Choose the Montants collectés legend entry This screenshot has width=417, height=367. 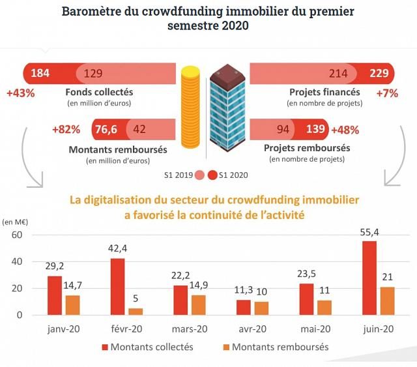tap(152, 347)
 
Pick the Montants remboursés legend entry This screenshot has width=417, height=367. tap(280, 347)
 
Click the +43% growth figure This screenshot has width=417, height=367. tap(20, 93)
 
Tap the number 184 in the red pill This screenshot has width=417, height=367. tap(40, 72)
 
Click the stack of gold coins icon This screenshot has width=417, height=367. tap(190, 105)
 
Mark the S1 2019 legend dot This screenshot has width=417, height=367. tap(200, 175)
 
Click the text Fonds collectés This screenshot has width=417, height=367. tap(100, 92)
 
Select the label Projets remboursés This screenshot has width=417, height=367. tap(307, 148)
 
